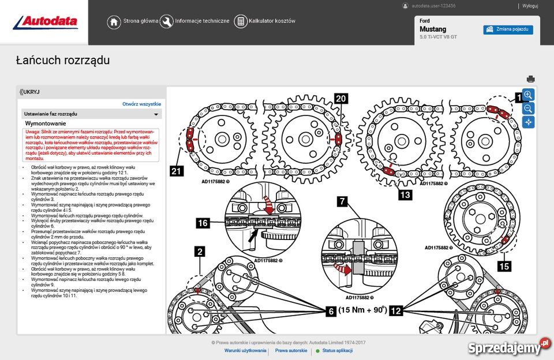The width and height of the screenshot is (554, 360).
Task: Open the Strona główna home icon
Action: click(114, 21)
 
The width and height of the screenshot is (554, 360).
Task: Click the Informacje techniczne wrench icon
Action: click(166, 21)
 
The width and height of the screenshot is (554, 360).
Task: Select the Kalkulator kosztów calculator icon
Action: click(241, 21)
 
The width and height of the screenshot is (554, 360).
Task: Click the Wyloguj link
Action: click(530, 6)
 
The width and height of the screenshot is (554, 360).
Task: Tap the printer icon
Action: click(530, 79)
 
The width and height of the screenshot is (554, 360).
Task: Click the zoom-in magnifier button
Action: click(528, 95)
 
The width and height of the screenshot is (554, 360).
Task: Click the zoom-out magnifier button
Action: click(528, 108)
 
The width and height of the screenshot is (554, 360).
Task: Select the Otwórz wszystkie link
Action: click(141, 104)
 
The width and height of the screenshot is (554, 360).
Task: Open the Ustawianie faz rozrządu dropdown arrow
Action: click(155, 114)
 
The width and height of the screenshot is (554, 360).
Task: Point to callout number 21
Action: click(177, 170)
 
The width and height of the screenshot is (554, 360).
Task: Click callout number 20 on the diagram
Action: click(340, 99)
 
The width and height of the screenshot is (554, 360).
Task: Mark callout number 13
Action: click(405, 194)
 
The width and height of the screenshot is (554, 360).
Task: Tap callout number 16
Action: click(203, 223)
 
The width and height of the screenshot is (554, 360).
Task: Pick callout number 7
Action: click(342, 201)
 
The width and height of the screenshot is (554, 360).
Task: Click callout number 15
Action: click(504, 266)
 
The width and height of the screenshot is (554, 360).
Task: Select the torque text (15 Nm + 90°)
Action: click(362, 310)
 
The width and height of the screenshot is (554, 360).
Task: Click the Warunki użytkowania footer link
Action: click(245, 350)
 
